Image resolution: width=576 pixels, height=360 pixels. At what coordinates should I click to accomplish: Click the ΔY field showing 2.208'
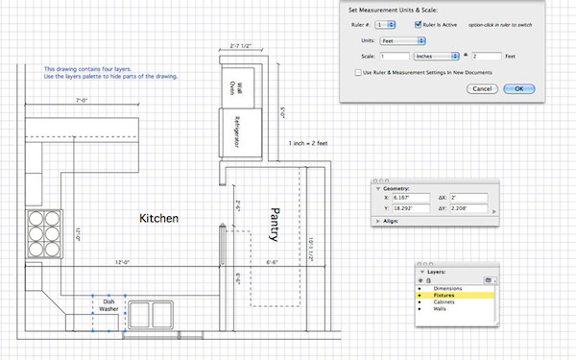471,207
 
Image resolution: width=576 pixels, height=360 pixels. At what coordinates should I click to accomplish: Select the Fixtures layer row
457,296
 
